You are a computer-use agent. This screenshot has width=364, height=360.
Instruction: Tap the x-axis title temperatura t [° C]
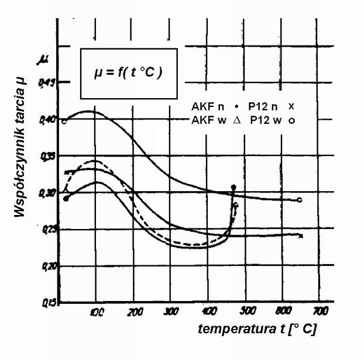[x=257, y=329]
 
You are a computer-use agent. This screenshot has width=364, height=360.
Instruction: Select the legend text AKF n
[x=207, y=107]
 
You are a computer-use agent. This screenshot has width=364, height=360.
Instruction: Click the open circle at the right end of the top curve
[x=300, y=200]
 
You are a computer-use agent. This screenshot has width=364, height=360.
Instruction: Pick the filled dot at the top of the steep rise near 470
[x=233, y=187]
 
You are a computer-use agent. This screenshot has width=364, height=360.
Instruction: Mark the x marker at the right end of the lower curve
[x=300, y=236]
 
